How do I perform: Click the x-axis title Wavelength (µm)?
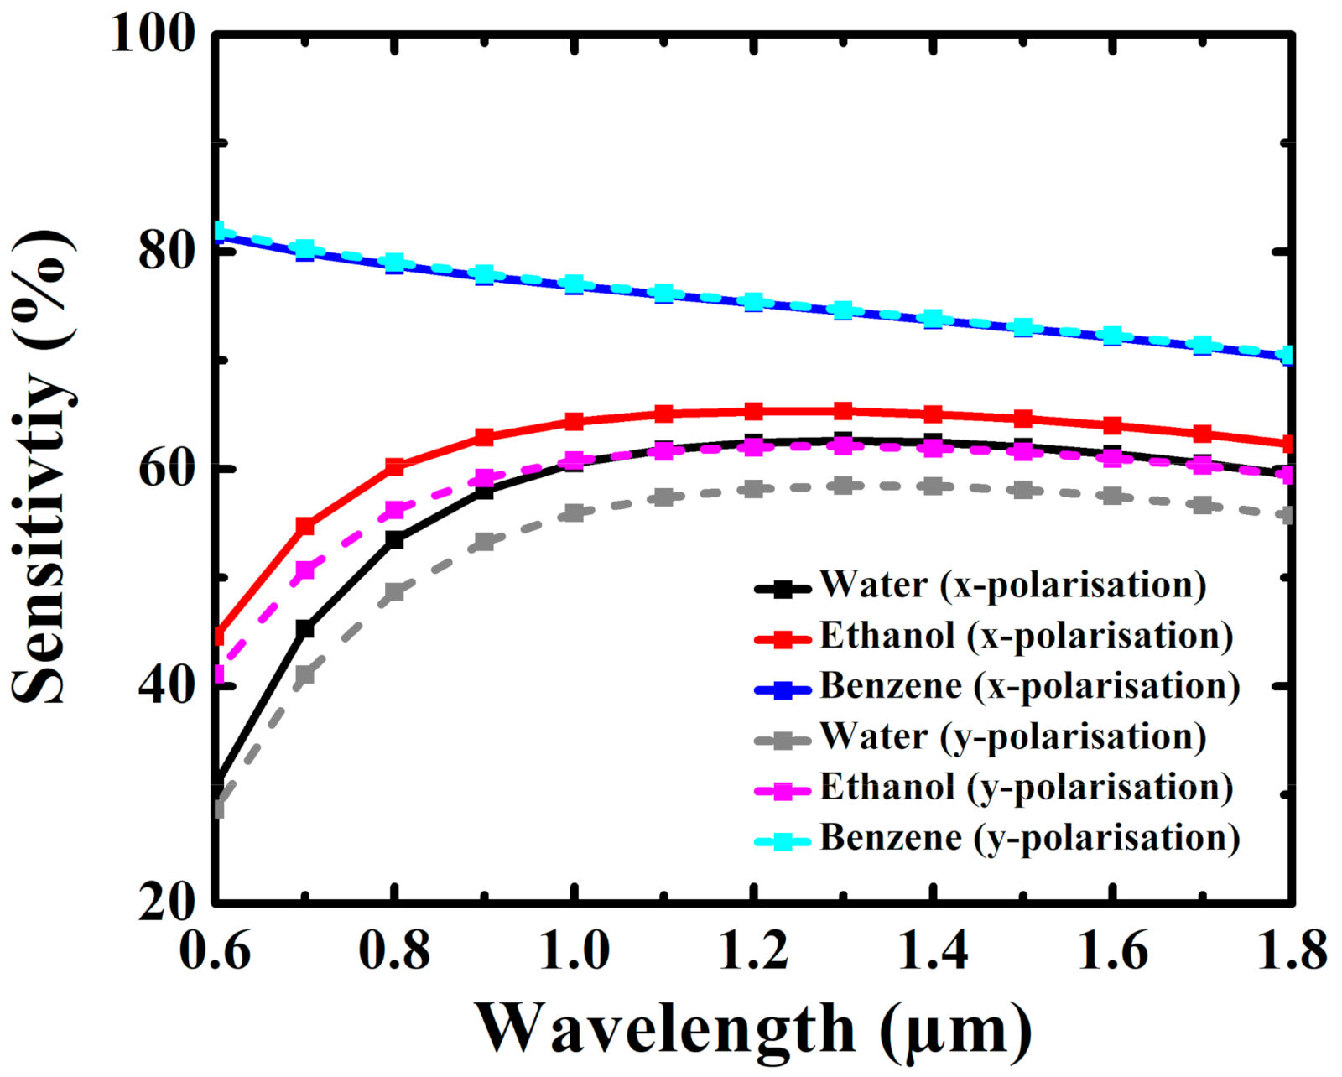[x=753, y=1030]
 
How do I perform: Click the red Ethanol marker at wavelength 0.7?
[x=305, y=526]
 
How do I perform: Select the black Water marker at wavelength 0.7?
[x=305, y=628]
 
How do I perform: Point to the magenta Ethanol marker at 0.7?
[x=305, y=570]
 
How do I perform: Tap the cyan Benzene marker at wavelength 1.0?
[x=575, y=284]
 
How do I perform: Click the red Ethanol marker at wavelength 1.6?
[x=1113, y=425]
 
